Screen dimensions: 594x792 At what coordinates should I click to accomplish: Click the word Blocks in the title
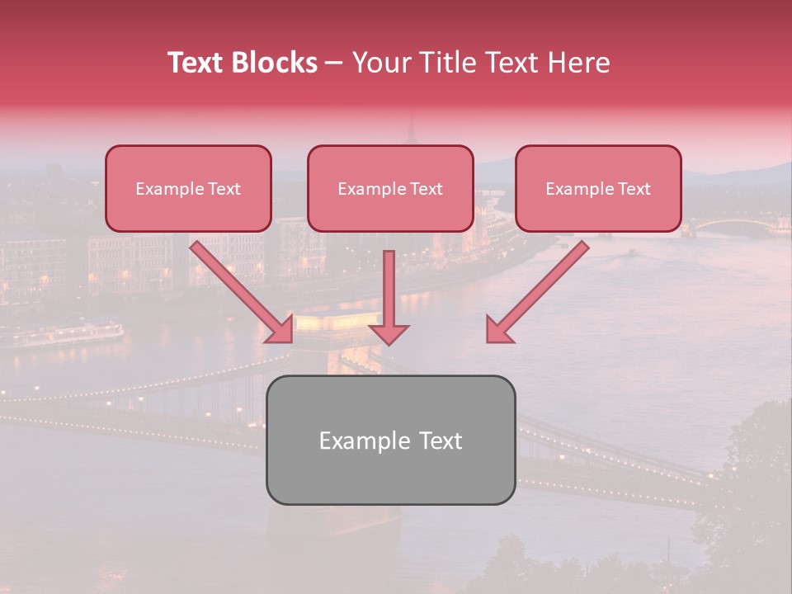[x=276, y=63]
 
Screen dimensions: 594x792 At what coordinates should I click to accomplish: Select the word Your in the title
[x=378, y=63]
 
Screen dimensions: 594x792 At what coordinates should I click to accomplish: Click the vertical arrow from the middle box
[x=389, y=289]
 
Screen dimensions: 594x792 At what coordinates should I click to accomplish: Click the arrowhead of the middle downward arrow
[x=389, y=332]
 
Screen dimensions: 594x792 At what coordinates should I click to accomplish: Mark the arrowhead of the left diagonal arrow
[x=280, y=330]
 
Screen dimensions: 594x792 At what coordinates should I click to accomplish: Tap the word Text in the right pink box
[x=634, y=189]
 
